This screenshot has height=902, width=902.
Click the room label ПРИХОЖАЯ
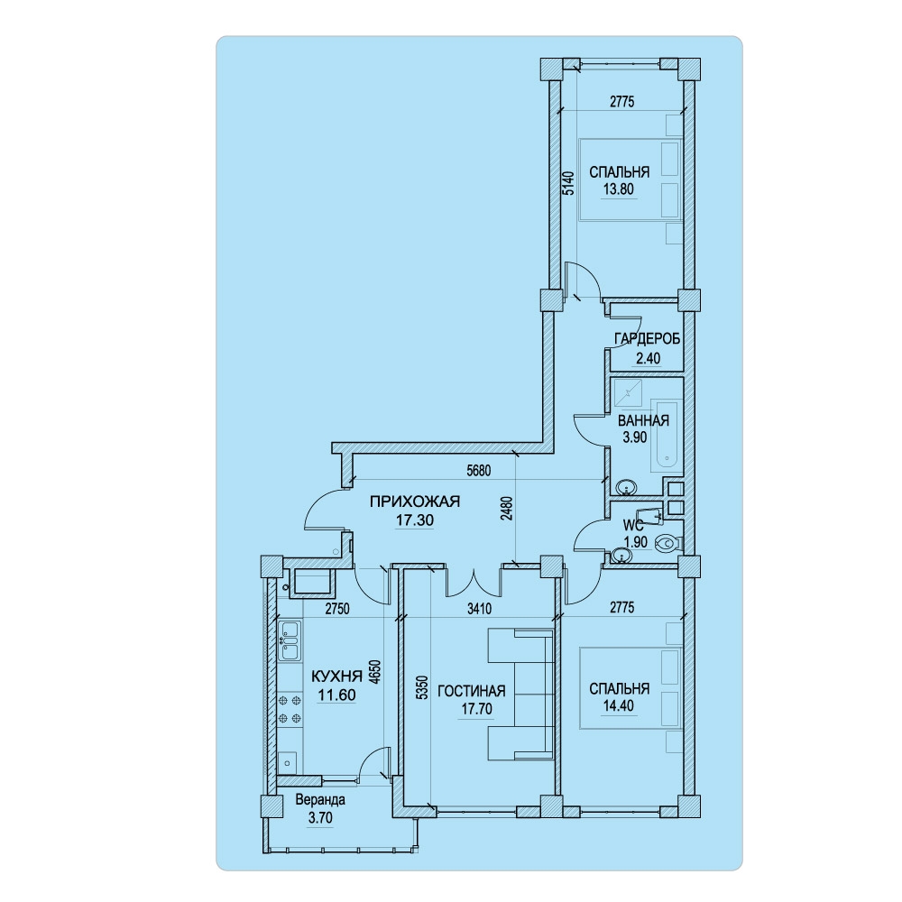click(415, 502)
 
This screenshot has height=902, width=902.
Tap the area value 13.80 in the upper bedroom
click(619, 189)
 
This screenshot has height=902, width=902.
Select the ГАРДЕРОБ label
click(647, 339)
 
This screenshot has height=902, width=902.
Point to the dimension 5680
click(479, 471)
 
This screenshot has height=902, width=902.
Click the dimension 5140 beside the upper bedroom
click(567, 184)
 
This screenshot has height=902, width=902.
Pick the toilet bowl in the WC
click(668, 542)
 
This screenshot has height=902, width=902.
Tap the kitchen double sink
click(289, 640)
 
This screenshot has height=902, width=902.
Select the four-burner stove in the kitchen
click(290, 709)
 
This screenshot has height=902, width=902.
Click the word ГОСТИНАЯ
click(472, 690)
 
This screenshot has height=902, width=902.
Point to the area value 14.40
click(619, 705)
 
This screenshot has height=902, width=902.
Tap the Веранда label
click(320, 799)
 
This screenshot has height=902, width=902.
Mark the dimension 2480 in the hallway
click(506, 508)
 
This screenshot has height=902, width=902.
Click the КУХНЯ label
click(336, 676)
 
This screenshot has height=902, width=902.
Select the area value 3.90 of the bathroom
click(634, 437)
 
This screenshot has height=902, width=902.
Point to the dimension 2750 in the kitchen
click(337, 609)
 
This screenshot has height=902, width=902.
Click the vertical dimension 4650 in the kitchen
click(376, 671)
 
